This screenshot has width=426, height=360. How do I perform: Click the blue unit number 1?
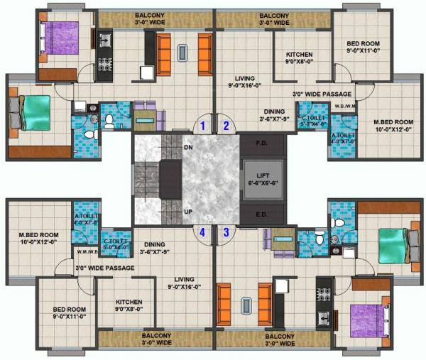coord(203,126)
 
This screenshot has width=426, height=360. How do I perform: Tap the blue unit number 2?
coord(226,126)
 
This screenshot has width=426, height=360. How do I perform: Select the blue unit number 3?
coord(226,231)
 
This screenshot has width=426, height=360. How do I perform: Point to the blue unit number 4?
coord(203,231)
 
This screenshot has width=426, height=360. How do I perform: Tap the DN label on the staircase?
coord(168,147)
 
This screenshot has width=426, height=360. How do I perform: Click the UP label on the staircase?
coord(168,212)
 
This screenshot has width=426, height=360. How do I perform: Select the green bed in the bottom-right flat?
coord(390,246)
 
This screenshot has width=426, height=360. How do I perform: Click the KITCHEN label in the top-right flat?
coord(303,55)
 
